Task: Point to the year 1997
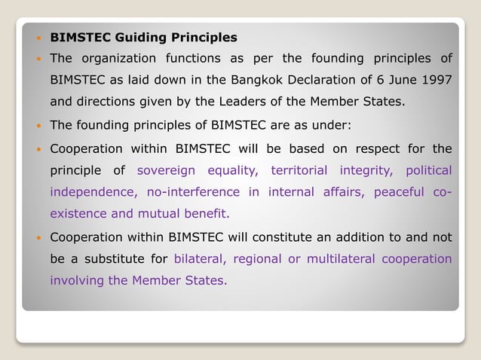(x=437, y=79)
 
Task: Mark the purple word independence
(x=89, y=192)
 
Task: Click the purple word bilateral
(x=200, y=259)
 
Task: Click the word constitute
(x=271, y=238)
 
